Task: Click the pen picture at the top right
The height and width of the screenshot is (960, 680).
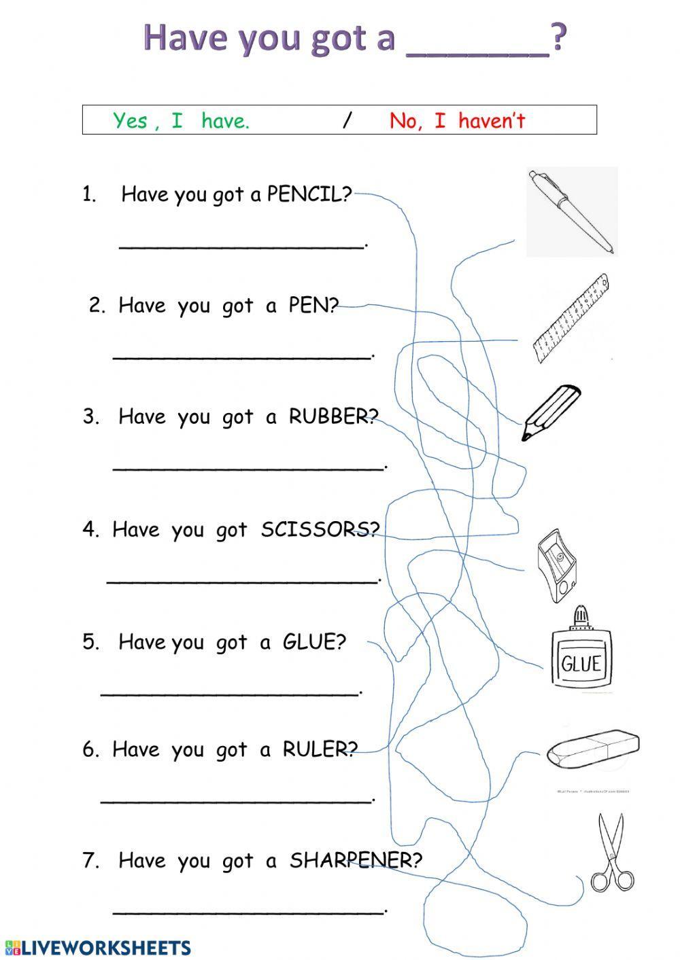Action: pos(571,211)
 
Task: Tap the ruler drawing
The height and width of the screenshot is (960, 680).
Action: pos(571,318)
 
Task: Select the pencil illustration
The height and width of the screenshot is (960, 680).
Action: pos(551,412)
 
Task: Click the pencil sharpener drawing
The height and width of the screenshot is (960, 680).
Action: pos(556,566)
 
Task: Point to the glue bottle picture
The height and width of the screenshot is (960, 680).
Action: pos(581,649)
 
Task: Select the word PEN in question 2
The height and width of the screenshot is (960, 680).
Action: pos(308,305)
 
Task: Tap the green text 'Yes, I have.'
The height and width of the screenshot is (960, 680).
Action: pos(181,121)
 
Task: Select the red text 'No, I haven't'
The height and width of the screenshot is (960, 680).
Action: pos(457,121)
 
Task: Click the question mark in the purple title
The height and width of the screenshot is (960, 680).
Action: pos(558,37)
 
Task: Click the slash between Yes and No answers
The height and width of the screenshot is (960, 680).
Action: pos(347,121)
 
